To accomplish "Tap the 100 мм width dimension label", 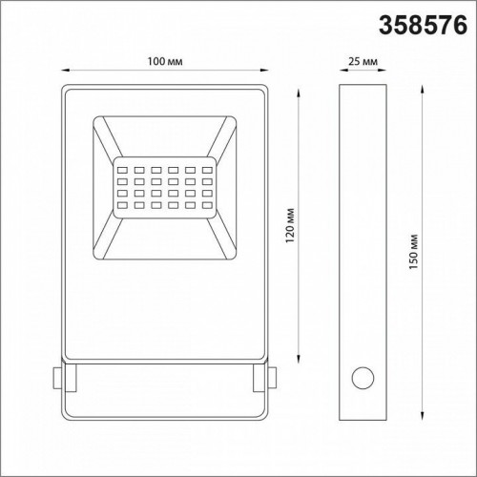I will [165, 61].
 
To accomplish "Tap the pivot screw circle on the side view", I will [363, 381].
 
